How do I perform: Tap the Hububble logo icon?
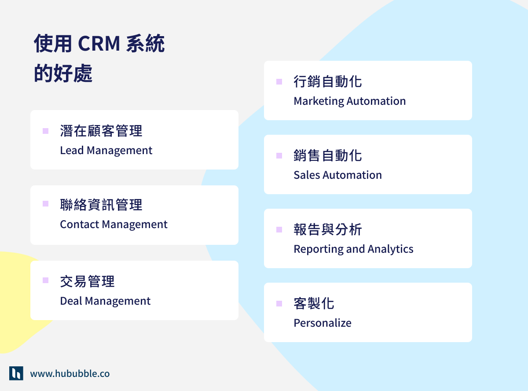(x=16, y=373)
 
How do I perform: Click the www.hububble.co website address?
(x=70, y=374)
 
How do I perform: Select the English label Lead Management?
(x=106, y=151)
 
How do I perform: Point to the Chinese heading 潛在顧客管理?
(x=101, y=131)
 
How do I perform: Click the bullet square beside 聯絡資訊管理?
(x=45, y=203)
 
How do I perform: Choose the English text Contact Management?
(x=114, y=225)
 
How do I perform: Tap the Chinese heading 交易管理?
(x=88, y=281)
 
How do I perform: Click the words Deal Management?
(x=105, y=301)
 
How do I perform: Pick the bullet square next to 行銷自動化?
(x=279, y=81)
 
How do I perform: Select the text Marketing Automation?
(x=349, y=101)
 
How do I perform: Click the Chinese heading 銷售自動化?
(x=328, y=155)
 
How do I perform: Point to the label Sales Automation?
(x=337, y=175)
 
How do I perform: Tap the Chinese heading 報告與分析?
(x=328, y=229)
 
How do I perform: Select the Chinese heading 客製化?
(x=314, y=303)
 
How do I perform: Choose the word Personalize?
(x=323, y=323)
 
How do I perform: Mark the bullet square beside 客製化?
(x=279, y=303)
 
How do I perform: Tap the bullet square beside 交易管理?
(x=45, y=280)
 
